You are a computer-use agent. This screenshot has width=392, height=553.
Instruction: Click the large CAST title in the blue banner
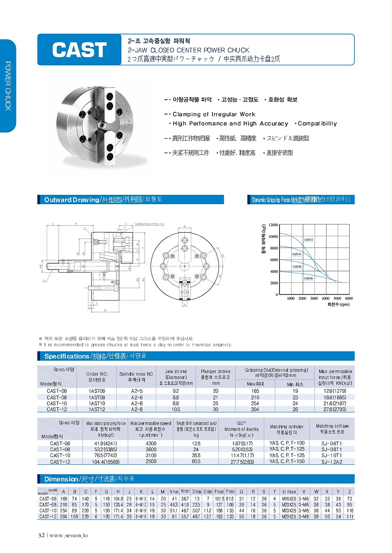pyautogui.click(x=79, y=50)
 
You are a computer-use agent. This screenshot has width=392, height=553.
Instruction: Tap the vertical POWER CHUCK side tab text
pyautogui.click(x=8, y=86)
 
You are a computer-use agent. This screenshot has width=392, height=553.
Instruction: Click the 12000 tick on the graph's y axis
pyautogui.click(x=273, y=225)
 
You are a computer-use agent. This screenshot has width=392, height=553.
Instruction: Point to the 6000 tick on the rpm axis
pyautogui.click(x=349, y=298)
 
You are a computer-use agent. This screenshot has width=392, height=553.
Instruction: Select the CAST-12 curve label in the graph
pyautogui.click(x=309, y=240)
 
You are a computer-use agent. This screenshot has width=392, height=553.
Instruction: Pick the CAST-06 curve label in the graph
pyautogui.click(x=309, y=278)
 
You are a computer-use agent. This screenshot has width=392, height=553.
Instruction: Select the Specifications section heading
pyautogui.click(x=67, y=356)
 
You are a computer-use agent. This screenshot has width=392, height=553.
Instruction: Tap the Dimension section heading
pyautogui.click(x=61, y=479)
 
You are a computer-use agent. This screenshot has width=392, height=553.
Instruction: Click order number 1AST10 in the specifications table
pyautogui.click(x=97, y=403)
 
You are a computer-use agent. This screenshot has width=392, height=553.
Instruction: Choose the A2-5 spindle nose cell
pyautogui.click(x=137, y=391)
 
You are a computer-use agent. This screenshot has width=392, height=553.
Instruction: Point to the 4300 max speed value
pyautogui.click(x=151, y=443)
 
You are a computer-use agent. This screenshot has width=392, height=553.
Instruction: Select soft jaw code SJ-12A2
pyautogui.click(x=332, y=462)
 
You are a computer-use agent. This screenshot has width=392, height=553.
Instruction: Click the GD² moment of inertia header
pyautogui.click(x=242, y=429)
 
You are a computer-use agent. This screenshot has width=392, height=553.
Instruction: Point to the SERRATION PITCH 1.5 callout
pyautogui.click(x=150, y=224)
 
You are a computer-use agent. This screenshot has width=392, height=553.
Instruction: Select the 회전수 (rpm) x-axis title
pyautogui.click(x=338, y=304)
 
